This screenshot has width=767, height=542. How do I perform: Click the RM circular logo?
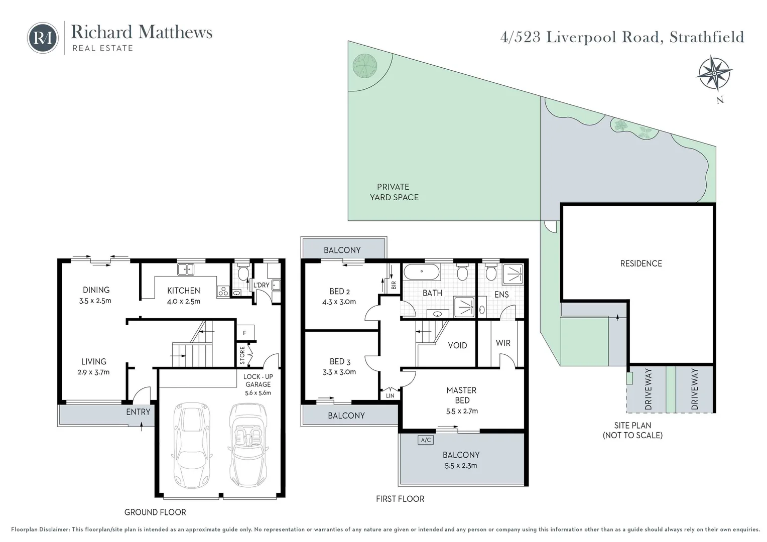click(x=43, y=38)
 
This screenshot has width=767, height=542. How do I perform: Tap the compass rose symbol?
click(x=713, y=73)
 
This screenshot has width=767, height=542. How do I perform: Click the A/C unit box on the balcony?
click(x=426, y=440)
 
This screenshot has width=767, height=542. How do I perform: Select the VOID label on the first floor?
click(x=457, y=345)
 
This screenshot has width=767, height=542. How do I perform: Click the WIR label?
click(x=503, y=343)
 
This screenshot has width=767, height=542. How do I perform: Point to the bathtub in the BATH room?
click(x=422, y=273)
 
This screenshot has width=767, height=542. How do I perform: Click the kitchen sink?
click(x=186, y=269)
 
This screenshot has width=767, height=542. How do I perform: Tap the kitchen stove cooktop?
click(x=223, y=291)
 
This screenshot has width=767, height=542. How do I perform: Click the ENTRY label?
click(x=138, y=412)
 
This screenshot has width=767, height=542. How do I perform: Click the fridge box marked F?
click(x=245, y=333)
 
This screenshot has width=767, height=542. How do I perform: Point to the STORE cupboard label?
click(x=242, y=355)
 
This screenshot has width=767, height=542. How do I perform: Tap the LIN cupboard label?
click(x=390, y=395)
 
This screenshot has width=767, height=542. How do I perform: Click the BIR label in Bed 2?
click(x=394, y=285)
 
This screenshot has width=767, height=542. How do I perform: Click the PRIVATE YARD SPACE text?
click(x=394, y=192)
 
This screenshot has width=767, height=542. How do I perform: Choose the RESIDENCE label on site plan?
click(x=641, y=263)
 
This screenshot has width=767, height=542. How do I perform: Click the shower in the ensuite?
click(x=513, y=274)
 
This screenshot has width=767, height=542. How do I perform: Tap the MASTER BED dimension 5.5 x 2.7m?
click(x=462, y=411)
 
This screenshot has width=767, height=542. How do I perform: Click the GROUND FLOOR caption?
click(x=155, y=512)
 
